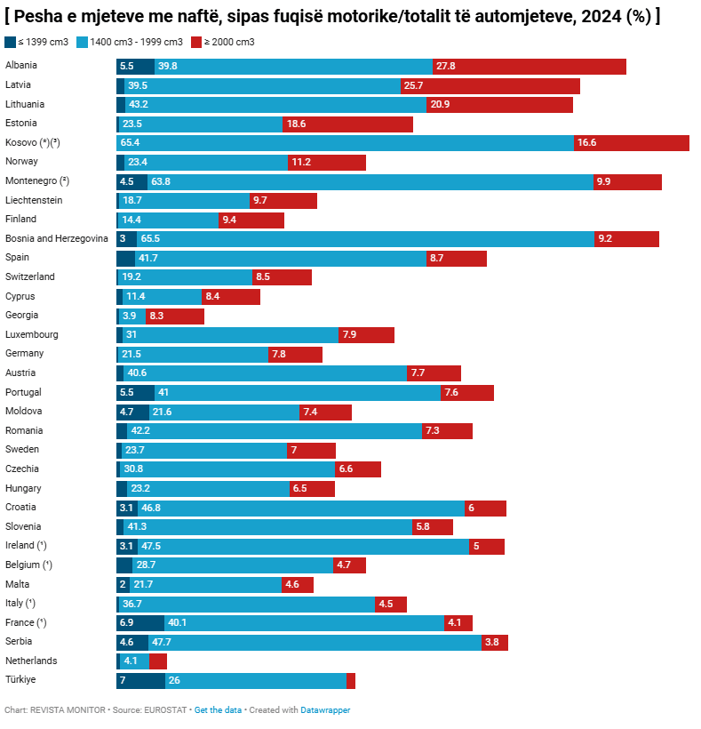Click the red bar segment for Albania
530,67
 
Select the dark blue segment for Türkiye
140,681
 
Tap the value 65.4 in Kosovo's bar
130,143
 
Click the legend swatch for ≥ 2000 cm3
196,42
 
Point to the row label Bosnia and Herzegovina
57,238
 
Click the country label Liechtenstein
34,200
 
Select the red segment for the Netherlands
158,661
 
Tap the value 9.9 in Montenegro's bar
603,181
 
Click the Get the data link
218,710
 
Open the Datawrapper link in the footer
325,710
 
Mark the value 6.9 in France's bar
126,623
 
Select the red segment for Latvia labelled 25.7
490,85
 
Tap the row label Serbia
19,642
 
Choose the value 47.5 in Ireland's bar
150,546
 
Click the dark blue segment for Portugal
135,393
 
